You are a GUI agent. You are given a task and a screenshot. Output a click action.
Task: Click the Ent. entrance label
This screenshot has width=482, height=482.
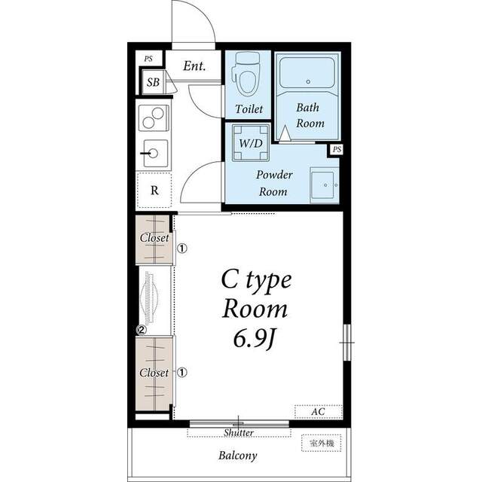click(x=194, y=66)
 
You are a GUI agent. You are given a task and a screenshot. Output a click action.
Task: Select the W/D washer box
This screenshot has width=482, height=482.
click(x=251, y=142)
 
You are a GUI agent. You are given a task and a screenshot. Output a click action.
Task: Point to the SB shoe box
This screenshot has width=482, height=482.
click(x=153, y=82)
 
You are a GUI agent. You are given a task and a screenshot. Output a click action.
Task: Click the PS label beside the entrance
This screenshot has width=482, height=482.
click(x=149, y=59)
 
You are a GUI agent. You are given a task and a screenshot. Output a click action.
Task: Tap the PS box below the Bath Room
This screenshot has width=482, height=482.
click(x=337, y=150)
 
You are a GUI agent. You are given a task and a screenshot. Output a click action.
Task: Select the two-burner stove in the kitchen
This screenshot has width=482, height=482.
click(x=154, y=118)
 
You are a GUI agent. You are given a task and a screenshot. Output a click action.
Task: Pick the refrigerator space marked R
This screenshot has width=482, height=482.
click(x=154, y=191)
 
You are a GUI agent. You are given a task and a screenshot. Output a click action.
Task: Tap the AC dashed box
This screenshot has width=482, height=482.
click(x=318, y=412)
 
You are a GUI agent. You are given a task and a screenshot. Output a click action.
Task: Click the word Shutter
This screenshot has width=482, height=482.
click(x=239, y=432)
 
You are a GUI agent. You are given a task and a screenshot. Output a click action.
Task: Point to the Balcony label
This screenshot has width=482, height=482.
click(x=238, y=456)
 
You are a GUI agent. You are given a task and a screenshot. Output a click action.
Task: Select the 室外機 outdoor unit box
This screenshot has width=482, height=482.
click(x=322, y=443)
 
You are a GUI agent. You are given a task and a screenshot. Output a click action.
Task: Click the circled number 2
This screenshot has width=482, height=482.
click(x=142, y=330)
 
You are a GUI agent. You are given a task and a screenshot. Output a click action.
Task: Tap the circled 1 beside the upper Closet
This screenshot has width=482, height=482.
click(x=182, y=249)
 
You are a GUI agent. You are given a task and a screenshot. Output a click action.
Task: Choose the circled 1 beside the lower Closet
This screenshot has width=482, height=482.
click(x=182, y=373)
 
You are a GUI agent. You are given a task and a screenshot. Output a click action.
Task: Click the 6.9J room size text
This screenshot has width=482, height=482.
click(x=254, y=339)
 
